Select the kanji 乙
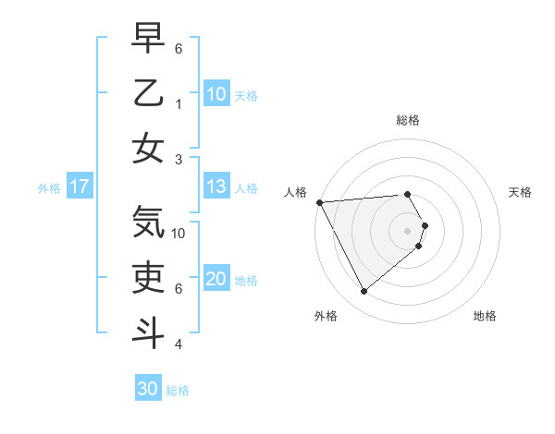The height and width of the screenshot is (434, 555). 148,93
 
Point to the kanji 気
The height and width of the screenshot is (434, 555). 148,223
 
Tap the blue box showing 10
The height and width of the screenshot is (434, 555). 216,93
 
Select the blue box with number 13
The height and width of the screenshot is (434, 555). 216,187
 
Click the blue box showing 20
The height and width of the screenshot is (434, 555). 216,280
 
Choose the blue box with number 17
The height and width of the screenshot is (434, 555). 80,187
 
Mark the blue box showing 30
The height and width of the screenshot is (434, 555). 147,389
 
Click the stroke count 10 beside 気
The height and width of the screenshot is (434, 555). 179,234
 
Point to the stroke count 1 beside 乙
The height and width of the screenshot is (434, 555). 179,104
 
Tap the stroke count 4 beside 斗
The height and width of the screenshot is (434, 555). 179,344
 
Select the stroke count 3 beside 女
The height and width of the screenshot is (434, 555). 179,159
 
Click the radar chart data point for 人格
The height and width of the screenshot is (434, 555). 319,202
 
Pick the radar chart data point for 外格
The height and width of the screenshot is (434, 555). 364,292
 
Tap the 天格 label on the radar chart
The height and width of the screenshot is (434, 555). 520,193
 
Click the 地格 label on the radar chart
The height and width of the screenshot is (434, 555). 485,316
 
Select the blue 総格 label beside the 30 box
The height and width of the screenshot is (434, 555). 178,391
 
